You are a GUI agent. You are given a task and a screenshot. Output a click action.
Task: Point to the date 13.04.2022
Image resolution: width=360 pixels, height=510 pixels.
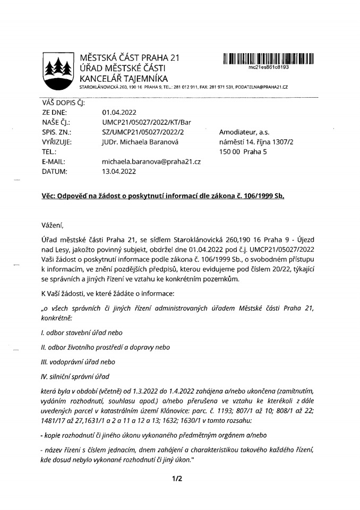click(119, 171)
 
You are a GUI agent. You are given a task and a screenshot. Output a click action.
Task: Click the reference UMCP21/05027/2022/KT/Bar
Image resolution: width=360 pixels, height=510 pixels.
click(146, 122)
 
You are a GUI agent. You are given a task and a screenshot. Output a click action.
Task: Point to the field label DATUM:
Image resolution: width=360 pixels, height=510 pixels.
click(54, 171)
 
